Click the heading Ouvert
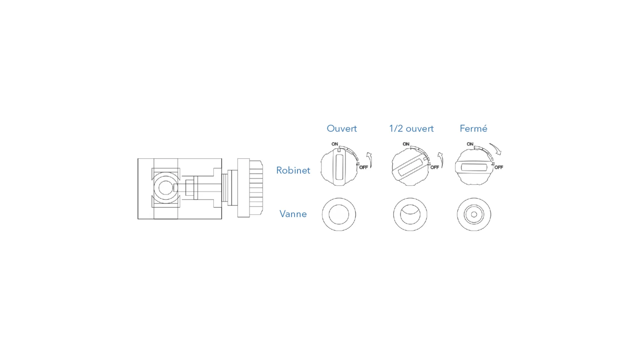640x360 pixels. pyautogui.click(x=342, y=128)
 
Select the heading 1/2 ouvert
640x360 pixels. pyautogui.click(x=411, y=128)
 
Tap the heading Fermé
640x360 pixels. pyautogui.click(x=473, y=128)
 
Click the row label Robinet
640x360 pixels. pyautogui.click(x=293, y=170)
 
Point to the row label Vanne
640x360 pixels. pyautogui.click(x=293, y=214)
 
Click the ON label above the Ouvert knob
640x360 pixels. pyautogui.click(x=335, y=144)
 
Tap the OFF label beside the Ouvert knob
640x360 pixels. pyautogui.click(x=363, y=167)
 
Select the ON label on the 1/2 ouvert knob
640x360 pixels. pyautogui.click(x=406, y=144)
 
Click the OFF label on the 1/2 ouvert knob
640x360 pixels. pyautogui.click(x=435, y=167)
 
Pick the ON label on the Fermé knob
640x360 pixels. pyautogui.click(x=470, y=144)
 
